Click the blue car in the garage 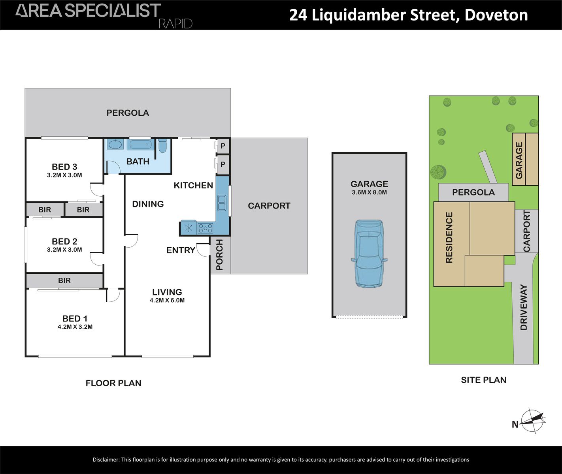[x=369, y=254]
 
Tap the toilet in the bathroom [x=162, y=145]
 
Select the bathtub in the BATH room [x=139, y=144]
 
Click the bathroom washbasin [x=115, y=145]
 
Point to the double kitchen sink [x=222, y=203]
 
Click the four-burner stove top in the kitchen [x=205, y=228]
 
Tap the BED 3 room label [x=64, y=167]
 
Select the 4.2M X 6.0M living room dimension [x=167, y=300]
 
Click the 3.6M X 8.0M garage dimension [x=369, y=192]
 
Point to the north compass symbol [x=533, y=421]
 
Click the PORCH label [x=220, y=255]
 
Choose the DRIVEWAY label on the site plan [x=524, y=307]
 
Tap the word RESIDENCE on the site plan [x=449, y=237]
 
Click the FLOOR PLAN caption [x=113, y=383]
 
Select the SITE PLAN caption [x=483, y=380]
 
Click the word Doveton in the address [x=496, y=15]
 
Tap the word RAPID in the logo [x=175, y=24]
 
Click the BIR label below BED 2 [x=64, y=280]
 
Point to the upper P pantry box [x=223, y=146]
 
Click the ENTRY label [x=181, y=250]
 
